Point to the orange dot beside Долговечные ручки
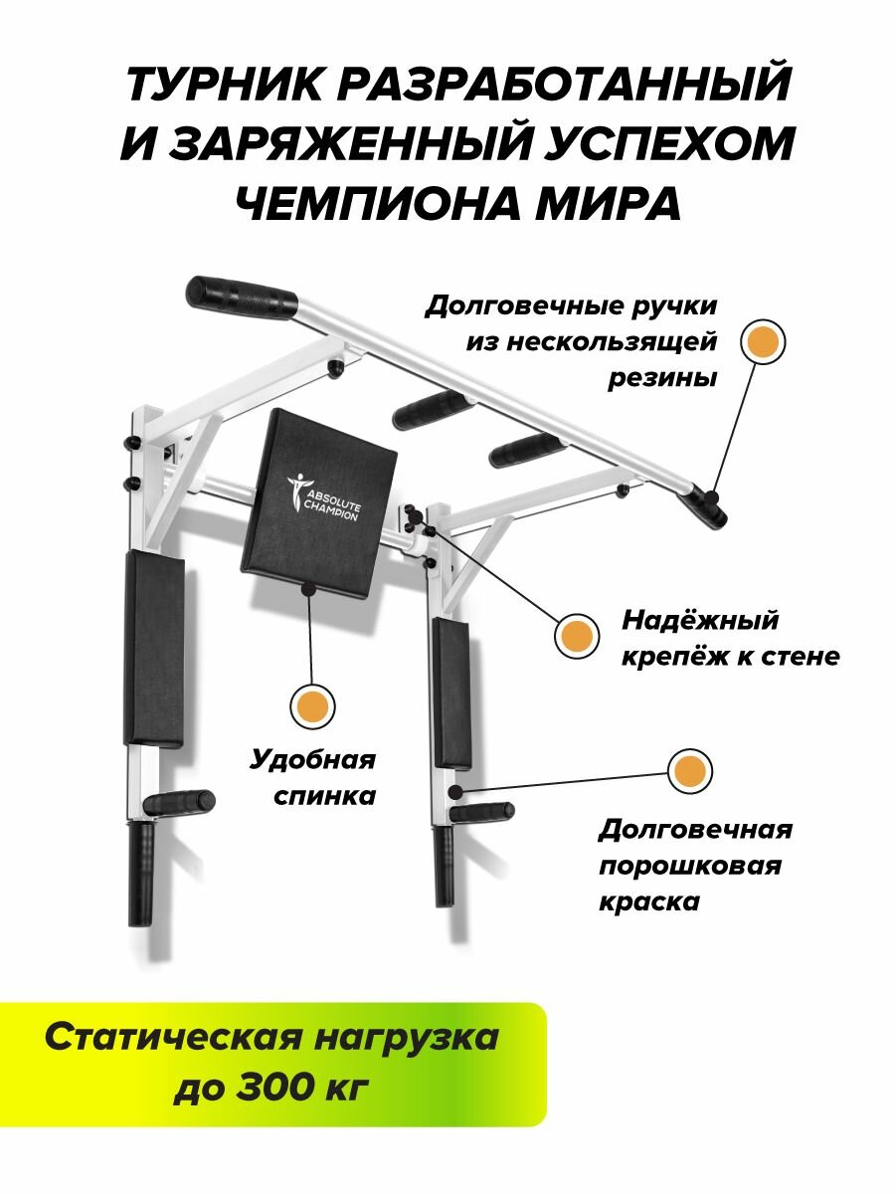click(764, 341)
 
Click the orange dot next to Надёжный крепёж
click(578, 635)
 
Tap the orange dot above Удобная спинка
click(311, 705)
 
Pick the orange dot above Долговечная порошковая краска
click(688, 771)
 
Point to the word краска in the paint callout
click(648, 902)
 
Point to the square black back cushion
click(320, 494)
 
